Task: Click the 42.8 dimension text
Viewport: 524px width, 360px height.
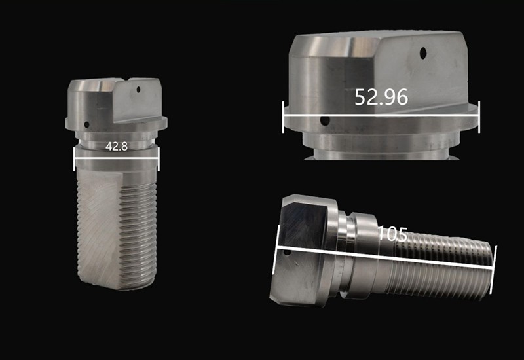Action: pyautogui.click(x=117, y=147)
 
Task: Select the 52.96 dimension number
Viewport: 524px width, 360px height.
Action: pyautogui.click(x=381, y=97)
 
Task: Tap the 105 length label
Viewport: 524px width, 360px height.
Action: pyautogui.click(x=392, y=234)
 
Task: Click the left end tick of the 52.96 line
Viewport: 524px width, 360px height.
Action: pyautogui.click(x=283, y=117)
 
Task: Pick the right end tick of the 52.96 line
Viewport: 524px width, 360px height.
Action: pyautogui.click(x=479, y=117)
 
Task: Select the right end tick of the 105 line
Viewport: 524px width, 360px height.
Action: pyautogui.click(x=495, y=264)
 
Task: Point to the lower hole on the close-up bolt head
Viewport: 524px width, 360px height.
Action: pyautogui.click(x=325, y=120)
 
